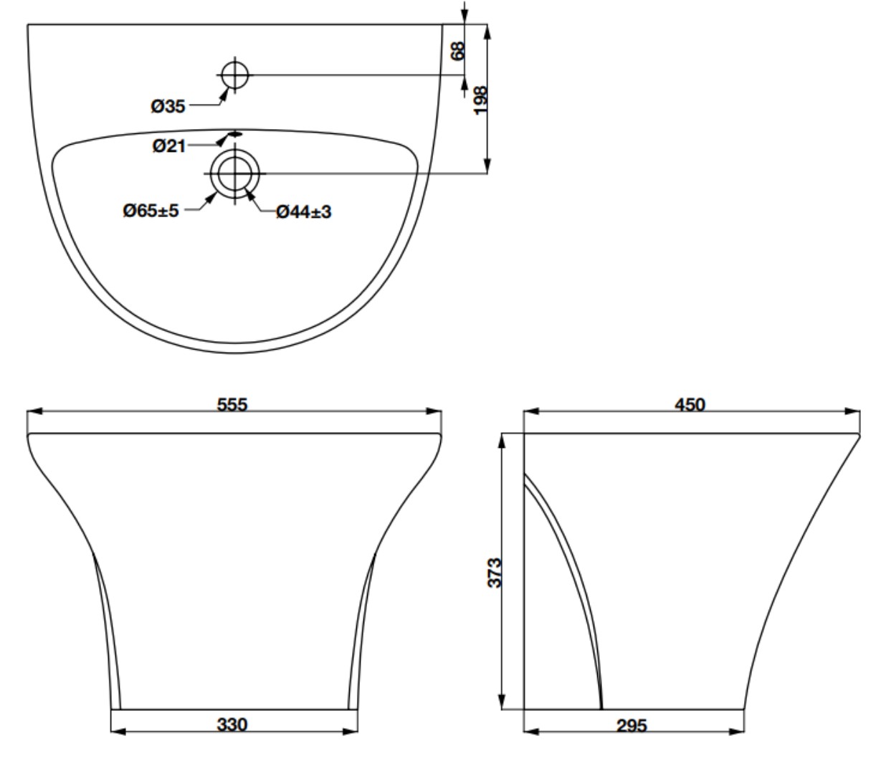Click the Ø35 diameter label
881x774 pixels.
click(x=168, y=107)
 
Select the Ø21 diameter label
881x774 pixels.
click(x=169, y=146)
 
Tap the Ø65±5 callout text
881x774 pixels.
click(x=151, y=211)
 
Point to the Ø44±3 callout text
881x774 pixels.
click(x=303, y=212)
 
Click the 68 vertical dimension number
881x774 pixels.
click(x=457, y=52)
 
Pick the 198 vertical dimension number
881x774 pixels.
click(x=480, y=101)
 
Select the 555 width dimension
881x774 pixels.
click(x=232, y=405)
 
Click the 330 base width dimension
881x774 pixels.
click(x=232, y=725)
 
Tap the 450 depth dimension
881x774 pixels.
click(x=690, y=405)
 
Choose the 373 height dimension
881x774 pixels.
click(x=495, y=573)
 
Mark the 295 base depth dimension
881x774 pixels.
click(x=632, y=726)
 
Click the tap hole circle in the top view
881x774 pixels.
click(x=235, y=75)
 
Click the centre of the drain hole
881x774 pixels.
click(x=235, y=173)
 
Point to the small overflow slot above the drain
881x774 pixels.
click(x=235, y=134)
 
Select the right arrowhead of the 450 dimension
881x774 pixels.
click(x=852, y=411)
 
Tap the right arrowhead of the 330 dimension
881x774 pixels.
click(x=350, y=732)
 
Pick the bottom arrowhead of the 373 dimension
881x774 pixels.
click(x=501, y=702)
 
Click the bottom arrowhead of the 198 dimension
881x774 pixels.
click(x=487, y=166)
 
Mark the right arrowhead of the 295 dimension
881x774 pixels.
click(x=736, y=732)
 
